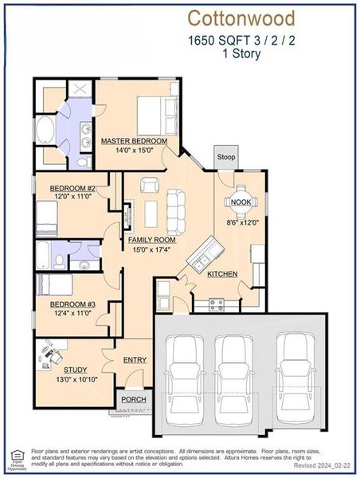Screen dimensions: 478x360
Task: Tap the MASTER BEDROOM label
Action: (x=134, y=141)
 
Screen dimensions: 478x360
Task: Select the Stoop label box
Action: (x=226, y=158)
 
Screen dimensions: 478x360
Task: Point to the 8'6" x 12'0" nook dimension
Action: (x=243, y=223)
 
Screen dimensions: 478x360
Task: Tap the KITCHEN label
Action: (x=222, y=274)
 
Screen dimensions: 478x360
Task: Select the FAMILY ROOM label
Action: (x=151, y=239)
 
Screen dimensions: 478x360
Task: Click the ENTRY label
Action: (x=135, y=360)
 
